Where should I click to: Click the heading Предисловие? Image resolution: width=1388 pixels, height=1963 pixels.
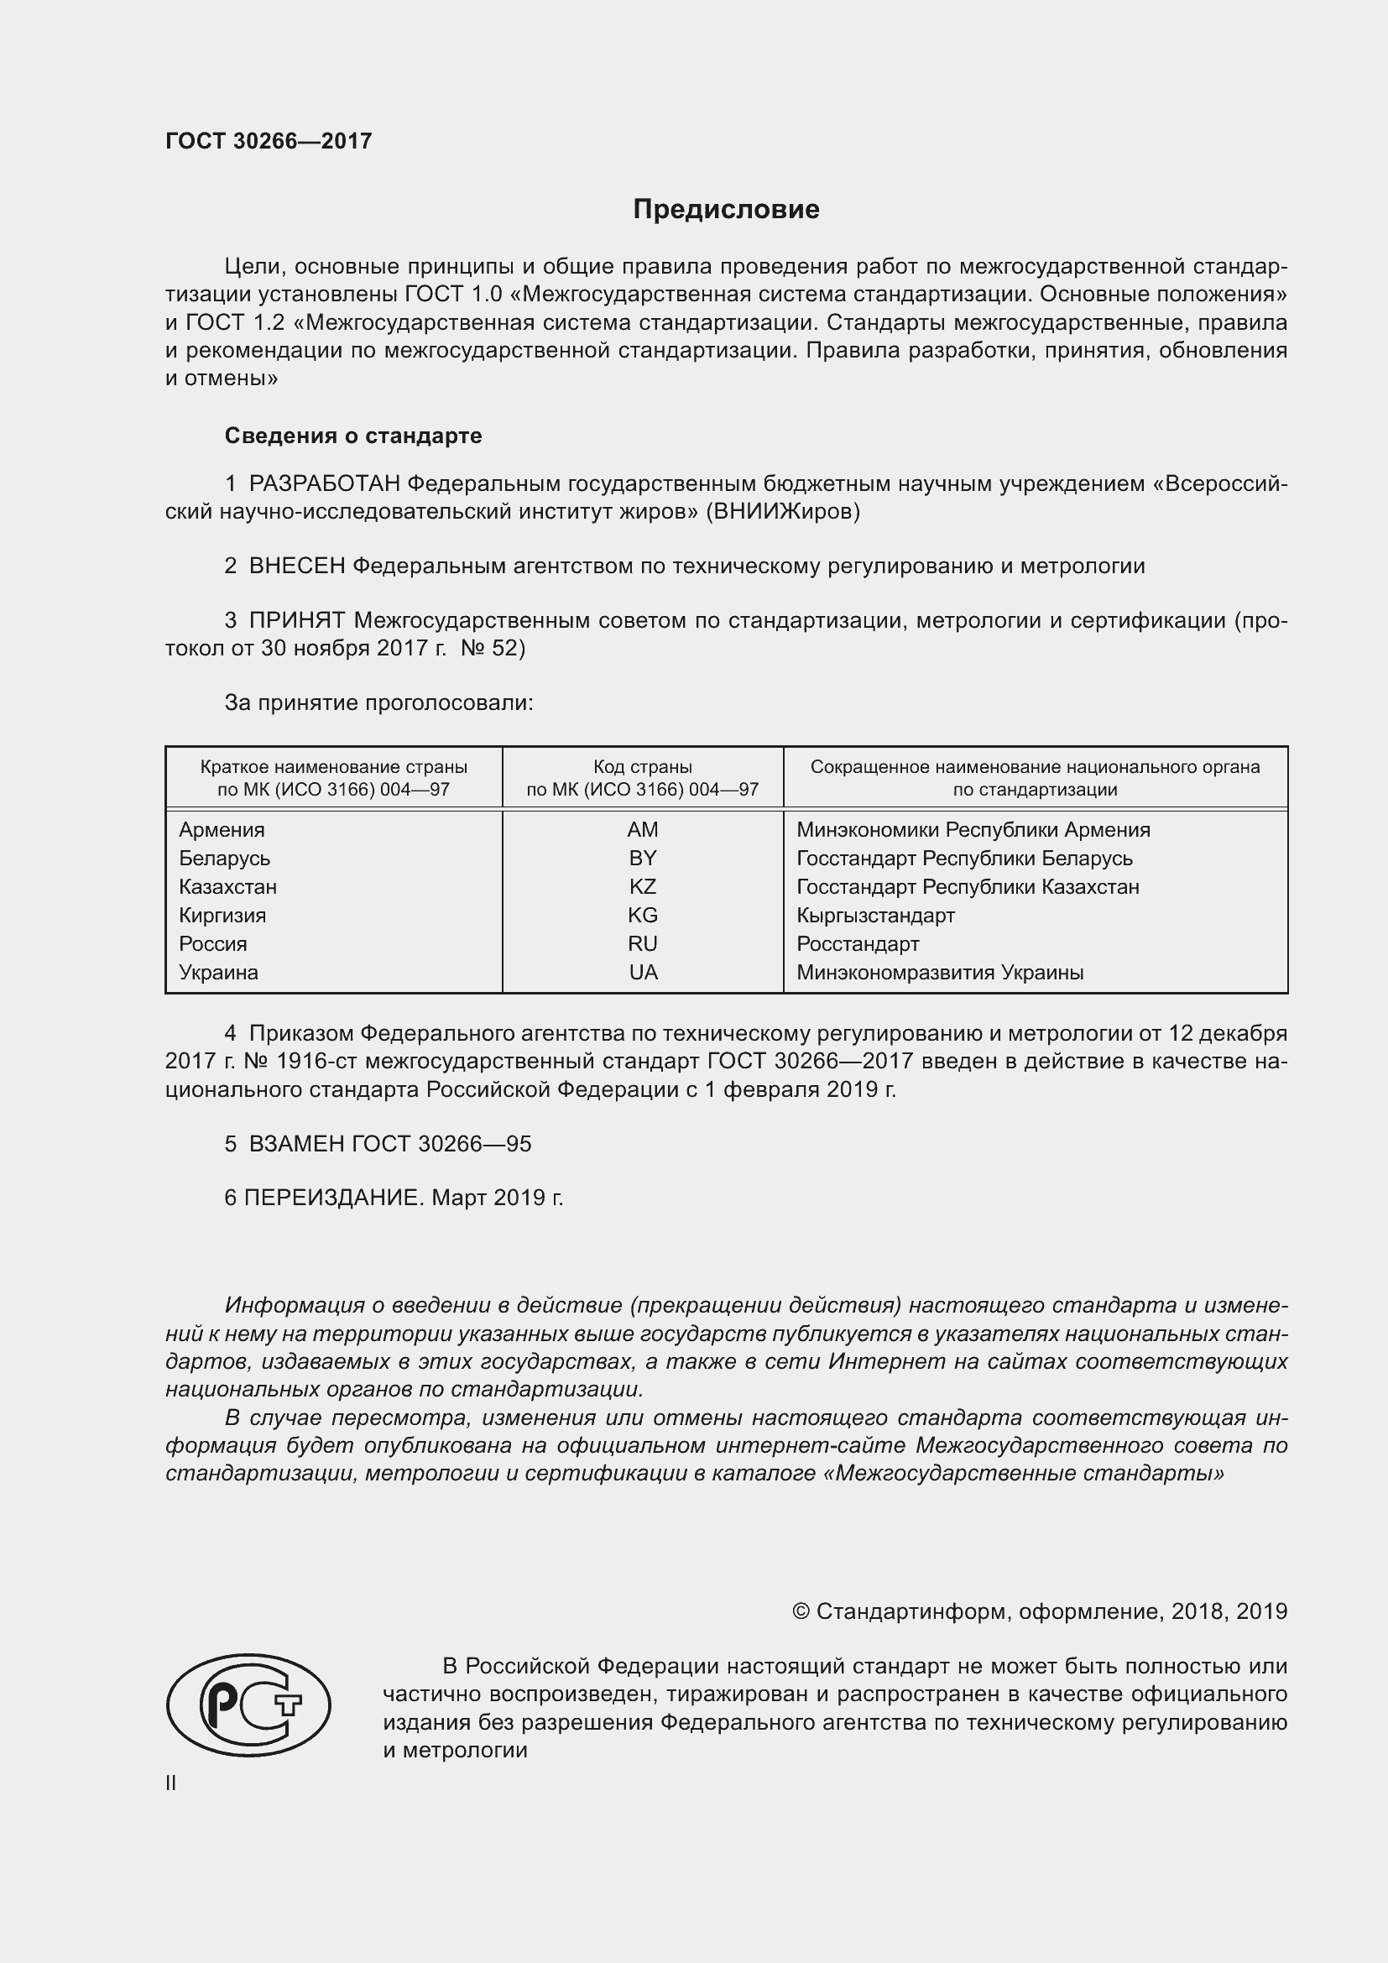[x=726, y=210]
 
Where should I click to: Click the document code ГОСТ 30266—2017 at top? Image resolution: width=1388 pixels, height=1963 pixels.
[x=269, y=141]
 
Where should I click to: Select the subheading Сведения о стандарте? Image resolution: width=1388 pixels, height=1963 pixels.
[x=353, y=436]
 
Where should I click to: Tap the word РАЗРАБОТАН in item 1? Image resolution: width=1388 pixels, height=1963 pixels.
[x=324, y=484]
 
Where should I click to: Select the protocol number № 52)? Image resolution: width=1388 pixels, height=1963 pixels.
[x=493, y=648]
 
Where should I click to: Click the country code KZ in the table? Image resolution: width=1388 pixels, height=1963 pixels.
[x=642, y=886]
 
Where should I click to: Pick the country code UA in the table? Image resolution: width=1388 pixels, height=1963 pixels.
[x=643, y=972]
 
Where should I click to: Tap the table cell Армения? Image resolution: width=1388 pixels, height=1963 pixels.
[x=222, y=829]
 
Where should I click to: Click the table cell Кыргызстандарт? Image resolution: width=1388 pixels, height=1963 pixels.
[x=875, y=915]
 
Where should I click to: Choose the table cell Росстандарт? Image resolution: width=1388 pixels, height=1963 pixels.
[x=858, y=944]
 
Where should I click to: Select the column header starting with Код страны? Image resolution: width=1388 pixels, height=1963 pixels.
[x=642, y=778]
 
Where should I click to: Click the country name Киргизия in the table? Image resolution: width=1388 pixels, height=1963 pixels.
[x=222, y=915]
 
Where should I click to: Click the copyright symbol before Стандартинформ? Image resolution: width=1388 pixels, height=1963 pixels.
[x=801, y=1611]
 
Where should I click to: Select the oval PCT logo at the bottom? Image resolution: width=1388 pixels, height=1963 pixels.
[x=248, y=1705]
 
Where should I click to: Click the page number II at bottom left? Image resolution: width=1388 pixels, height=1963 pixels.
[x=171, y=1783]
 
